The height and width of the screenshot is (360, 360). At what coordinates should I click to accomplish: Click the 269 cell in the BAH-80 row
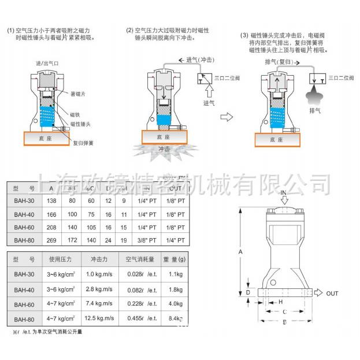pos(51,239)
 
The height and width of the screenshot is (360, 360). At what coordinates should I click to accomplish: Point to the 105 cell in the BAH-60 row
pos(91,227)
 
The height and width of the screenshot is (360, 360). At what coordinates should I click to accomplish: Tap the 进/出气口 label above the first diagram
pos(47,63)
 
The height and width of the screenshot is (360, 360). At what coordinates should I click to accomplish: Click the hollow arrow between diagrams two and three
pos(227,116)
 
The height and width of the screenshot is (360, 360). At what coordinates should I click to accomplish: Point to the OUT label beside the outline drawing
pos(332,294)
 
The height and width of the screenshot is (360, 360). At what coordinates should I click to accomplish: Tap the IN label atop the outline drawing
pos(284,191)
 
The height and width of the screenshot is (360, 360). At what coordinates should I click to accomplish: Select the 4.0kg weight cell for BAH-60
pos(176,303)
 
